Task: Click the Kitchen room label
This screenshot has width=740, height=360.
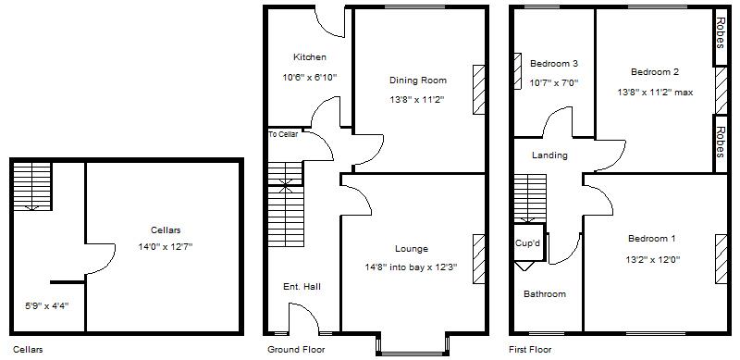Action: pos(309,57)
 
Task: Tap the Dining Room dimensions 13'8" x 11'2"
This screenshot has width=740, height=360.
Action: pos(417,99)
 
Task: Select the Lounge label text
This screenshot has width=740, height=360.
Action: pos(411,249)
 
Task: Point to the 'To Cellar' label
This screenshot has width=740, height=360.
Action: pos(284,134)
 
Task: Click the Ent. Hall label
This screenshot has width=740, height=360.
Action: pos(302,287)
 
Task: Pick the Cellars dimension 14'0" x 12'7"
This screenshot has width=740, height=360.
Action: pos(165,246)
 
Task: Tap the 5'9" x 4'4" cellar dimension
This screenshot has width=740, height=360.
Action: pos(46,304)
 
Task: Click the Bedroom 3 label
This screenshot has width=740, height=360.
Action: pos(554,64)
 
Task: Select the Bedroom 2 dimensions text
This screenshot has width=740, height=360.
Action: pos(655,92)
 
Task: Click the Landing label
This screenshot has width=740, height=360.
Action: pos(549,155)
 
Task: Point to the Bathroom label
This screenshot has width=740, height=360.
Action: pos(544,294)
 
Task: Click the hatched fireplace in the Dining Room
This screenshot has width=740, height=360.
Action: pos(478,89)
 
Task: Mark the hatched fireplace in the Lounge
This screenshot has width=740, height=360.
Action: pos(478,259)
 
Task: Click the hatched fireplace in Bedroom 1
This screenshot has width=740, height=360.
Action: pos(721,259)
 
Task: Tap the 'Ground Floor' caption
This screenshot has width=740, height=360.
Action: pos(296,350)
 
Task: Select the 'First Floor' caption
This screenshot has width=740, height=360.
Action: pos(530,350)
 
